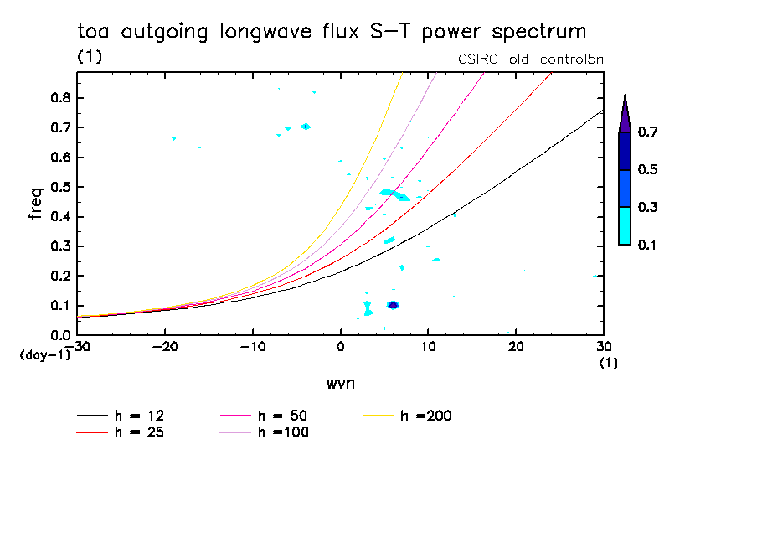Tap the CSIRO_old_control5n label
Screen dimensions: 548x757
click(531, 59)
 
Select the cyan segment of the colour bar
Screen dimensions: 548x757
click(624, 225)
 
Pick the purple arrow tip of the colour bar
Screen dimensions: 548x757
click(624, 114)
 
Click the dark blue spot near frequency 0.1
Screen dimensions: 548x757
click(393, 305)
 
